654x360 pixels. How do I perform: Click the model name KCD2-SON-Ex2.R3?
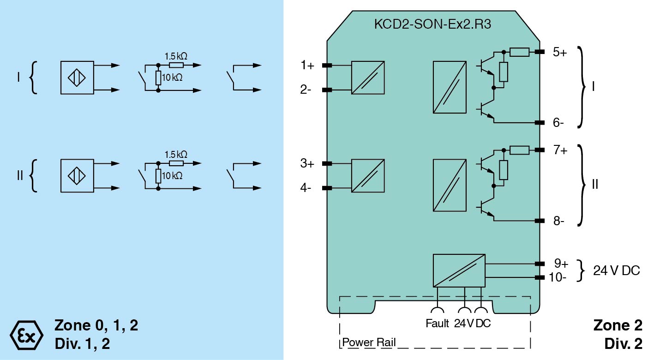pyautogui.click(x=432, y=24)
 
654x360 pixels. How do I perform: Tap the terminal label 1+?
pyautogui.click(x=307, y=66)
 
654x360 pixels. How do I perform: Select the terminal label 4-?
pyautogui.click(x=306, y=188)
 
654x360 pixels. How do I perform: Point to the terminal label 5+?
pyautogui.click(x=560, y=52)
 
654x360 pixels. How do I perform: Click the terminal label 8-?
pyautogui.click(x=558, y=221)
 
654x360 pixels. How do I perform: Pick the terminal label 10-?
pyautogui.click(x=558, y=277)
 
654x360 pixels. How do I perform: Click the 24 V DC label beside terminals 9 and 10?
pyautogui.click(x=617, y=271)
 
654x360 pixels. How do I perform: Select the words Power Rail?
pyautogui.click(x=369, y=343)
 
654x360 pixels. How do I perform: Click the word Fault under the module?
pyautogui.click(x=437, y=324)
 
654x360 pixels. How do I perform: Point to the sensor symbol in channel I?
pyautogui.click(x=77, y=78)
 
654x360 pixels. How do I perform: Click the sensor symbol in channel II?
pyautogui.click(x=77, y=176)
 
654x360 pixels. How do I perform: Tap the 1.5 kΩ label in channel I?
pyautogui.click(x=176, y=56)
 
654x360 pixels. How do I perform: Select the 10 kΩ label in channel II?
pyautogui.click(x=173, y=176)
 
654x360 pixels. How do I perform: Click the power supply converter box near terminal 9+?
pyautogui.click(x=459, y=270)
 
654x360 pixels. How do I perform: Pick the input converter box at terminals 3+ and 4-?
pyautogui.click(x=368, y=176)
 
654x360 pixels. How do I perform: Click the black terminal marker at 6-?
pyautogui.click(x=539, y=123)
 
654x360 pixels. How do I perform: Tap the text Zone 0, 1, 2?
pyautogui.click(x=96, y=325)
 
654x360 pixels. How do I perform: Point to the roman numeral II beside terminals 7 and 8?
pyautogui.click(x=595, y=185)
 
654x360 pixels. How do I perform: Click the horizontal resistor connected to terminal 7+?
pyautogui.click(x=519, y=150)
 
